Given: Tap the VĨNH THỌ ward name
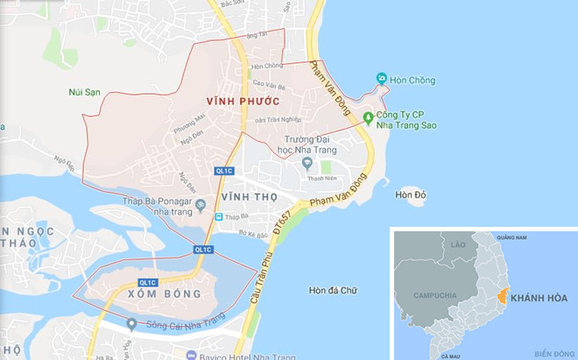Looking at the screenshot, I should (x=255, y=196).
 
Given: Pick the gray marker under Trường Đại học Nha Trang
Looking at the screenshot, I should (x=306, y=163).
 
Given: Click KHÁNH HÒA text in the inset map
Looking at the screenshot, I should (x=539, y=298).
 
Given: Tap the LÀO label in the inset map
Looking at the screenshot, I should (x=458, y=246).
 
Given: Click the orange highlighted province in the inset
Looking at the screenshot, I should (x=503, y=297).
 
